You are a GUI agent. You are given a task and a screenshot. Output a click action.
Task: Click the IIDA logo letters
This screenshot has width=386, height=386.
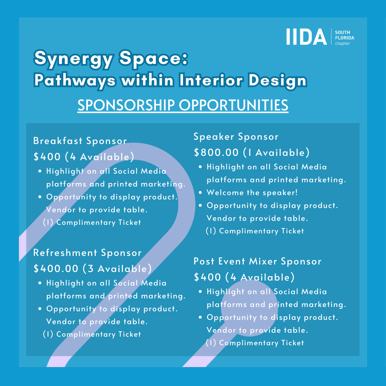click(x=306, y=37)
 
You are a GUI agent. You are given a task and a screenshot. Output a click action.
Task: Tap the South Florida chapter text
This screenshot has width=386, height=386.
click(x=344, y=38)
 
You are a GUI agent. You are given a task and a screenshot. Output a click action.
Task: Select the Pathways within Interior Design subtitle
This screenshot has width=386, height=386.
click(x=170, y=80)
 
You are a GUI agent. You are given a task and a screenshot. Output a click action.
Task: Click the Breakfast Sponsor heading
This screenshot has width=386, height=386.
click(x=80, y=141)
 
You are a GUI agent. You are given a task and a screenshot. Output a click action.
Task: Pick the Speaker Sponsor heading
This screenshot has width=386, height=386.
click(x=236, y=137)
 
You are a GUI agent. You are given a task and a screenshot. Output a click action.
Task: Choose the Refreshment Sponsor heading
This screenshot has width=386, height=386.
click(x=88, y=253)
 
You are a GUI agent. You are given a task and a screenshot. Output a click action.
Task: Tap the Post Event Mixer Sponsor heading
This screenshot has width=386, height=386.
click(x=257, y=261)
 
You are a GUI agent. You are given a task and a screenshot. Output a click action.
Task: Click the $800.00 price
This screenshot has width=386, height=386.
click(x=216, y=153)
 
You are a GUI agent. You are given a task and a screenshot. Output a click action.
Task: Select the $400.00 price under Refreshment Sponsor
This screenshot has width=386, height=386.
click(x=56, y=269)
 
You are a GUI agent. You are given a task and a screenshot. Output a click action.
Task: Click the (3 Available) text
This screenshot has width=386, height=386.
click(x=117, y=269)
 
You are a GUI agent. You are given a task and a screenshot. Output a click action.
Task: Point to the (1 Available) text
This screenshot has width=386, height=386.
click(x=276, y=153)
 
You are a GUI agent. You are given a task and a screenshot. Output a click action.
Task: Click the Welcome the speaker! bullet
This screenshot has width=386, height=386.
click(x=252, y=193)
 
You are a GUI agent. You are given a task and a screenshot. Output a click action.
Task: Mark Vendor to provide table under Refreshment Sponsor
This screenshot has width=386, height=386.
click(x=97, y=322)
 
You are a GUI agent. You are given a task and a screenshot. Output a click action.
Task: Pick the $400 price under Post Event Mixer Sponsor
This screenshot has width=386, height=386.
click(x=208, y=277)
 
